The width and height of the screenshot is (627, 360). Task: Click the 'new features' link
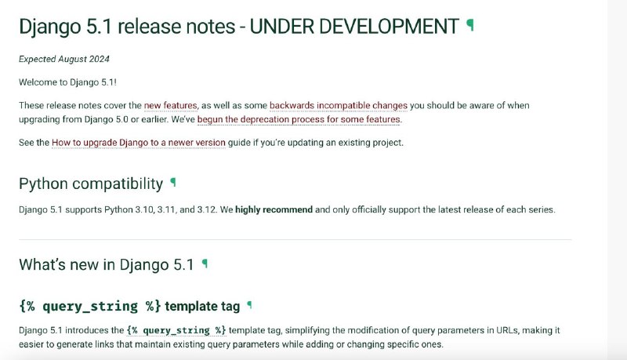coord(170,106)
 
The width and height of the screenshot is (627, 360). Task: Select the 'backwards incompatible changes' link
coord(339,106)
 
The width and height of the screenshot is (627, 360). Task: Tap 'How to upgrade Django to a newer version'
coord(139,143)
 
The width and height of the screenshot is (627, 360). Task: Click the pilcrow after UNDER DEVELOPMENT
coord(470,25)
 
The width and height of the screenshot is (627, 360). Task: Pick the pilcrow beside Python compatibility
coord(173,183)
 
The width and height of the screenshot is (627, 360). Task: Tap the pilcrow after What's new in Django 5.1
coord(205,264)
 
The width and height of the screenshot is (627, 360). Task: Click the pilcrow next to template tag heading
coord(249,305)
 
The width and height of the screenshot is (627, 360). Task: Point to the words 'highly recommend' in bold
coord(274,209)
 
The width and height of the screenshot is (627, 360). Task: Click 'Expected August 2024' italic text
coord(64,59)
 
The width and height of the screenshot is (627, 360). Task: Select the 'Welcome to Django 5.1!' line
coord(67,82)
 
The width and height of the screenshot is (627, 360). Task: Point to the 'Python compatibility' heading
coord(91,184)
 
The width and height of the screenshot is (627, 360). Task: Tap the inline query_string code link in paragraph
coord(176,330)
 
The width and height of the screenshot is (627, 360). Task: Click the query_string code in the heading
coord(90,306)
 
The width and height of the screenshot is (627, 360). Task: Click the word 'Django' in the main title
coord(50,27)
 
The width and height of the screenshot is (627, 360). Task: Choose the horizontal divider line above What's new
coord(295,239)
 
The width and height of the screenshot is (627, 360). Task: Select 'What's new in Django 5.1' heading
coord(107,265)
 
